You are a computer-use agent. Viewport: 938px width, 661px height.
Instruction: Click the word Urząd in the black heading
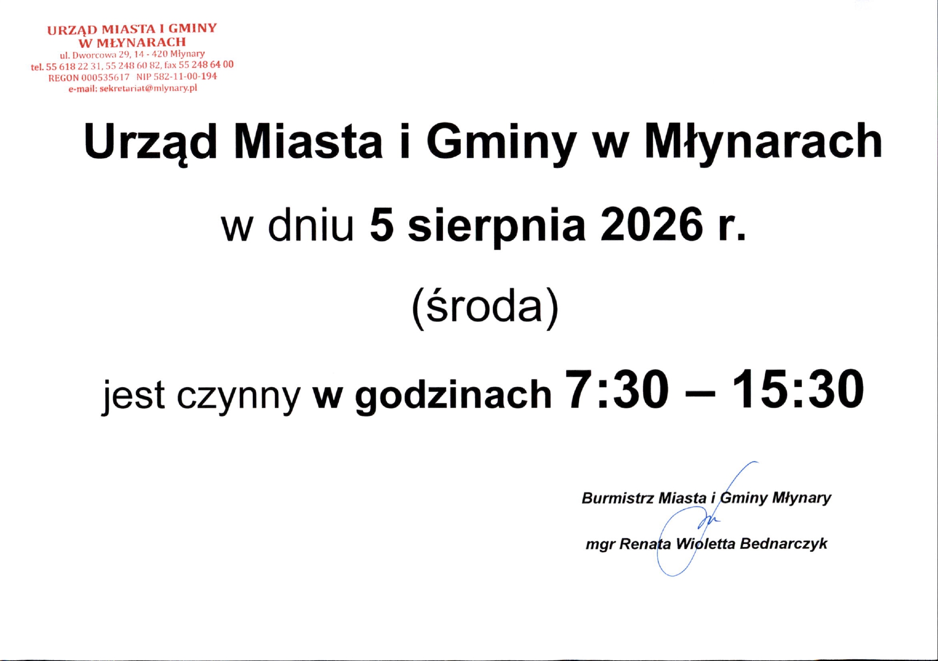point(150,143)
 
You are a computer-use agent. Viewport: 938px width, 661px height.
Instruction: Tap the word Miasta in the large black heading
point(308,142)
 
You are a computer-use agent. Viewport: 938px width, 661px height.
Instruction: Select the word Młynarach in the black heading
point(764,143)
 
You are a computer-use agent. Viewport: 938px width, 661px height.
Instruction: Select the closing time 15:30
point(798,390)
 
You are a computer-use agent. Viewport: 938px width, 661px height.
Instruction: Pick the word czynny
point(239,397)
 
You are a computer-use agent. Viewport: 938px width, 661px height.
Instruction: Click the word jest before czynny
point(134,395)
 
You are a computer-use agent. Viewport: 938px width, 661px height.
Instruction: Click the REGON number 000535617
point(106,77)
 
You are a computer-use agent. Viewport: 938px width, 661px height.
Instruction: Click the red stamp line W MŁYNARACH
point(132,42)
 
